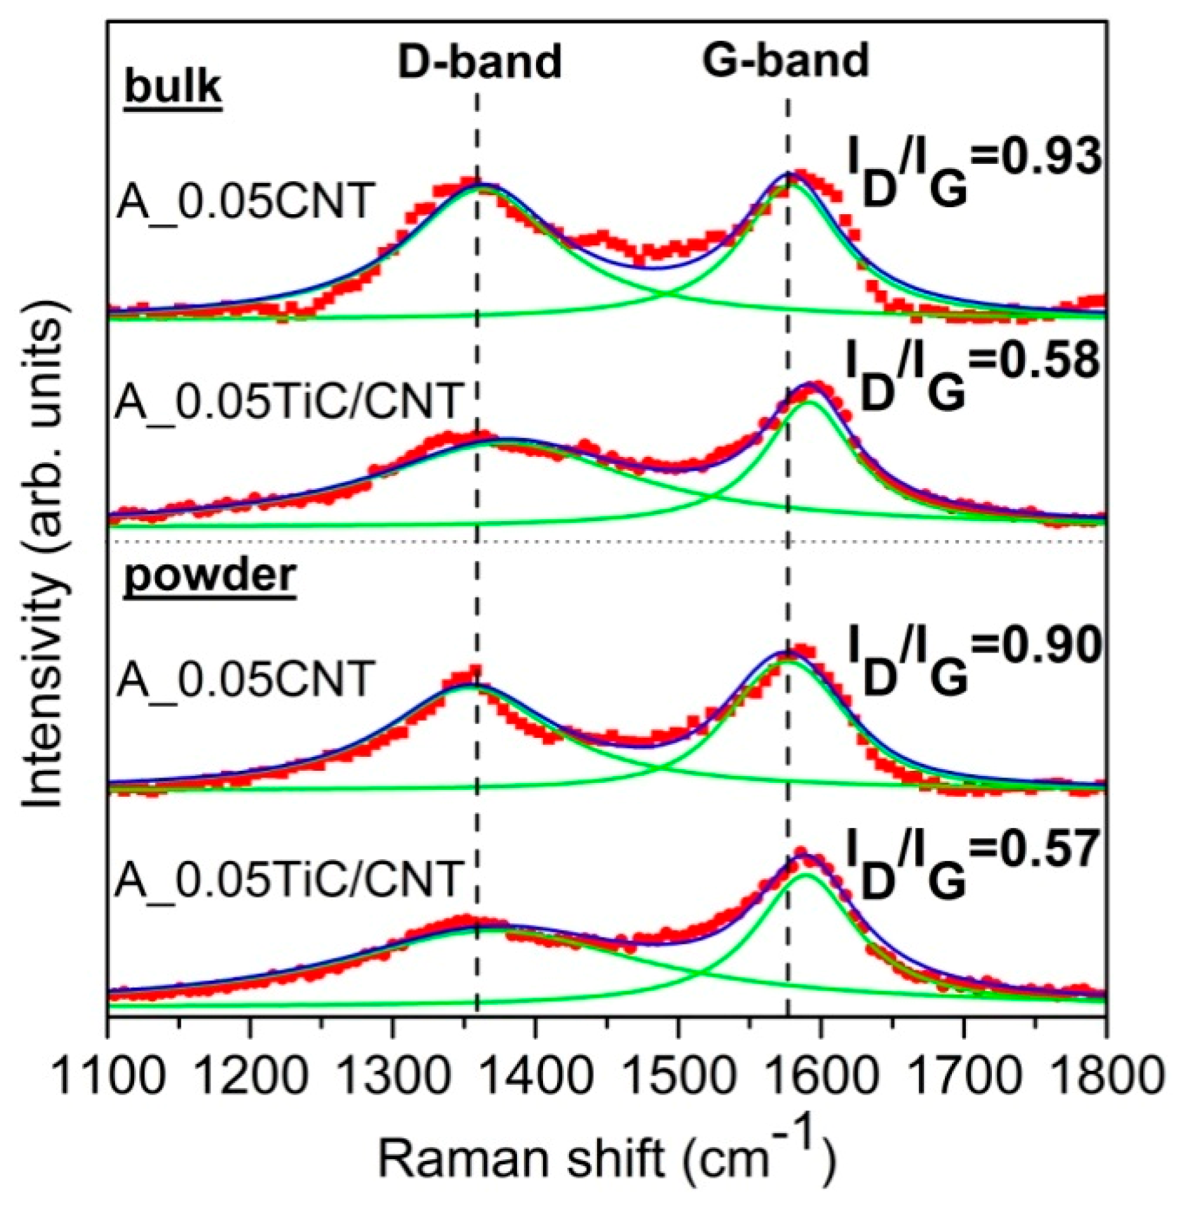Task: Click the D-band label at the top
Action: tap(479, 62)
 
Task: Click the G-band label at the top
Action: tap(785, 60)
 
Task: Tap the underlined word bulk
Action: tap(173, 87)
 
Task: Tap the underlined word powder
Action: tap(210, 576)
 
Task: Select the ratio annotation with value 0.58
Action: tap(972, 376)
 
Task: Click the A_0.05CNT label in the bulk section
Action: tap(244, 202)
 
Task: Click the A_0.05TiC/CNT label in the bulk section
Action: tap(287, 402)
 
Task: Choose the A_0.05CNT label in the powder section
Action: tap(244, 679)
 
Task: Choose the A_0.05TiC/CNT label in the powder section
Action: tap(287, 880)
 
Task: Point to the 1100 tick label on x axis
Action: tap(108, 1076)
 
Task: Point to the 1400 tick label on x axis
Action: tap(535, 1076)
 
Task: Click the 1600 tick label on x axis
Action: tap(821, 1076)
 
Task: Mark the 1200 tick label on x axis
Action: tap(251, 1076)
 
